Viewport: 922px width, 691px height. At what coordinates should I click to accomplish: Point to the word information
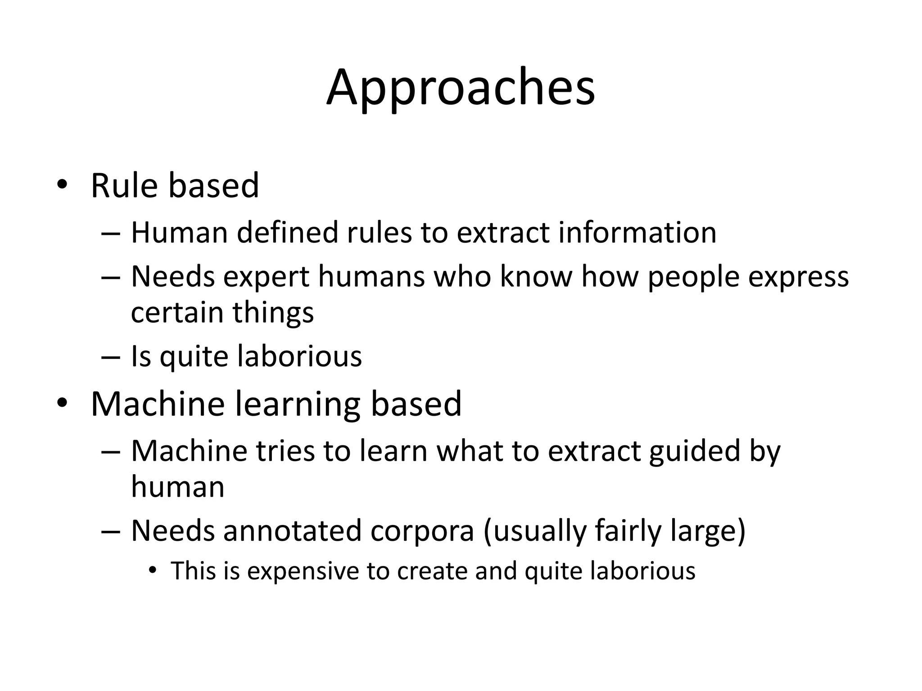(637, 233)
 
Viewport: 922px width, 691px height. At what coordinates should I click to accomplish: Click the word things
(273, 313)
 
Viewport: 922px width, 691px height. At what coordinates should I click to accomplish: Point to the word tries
(285, 451)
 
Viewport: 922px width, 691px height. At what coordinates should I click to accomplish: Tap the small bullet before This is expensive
(153, 571)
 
